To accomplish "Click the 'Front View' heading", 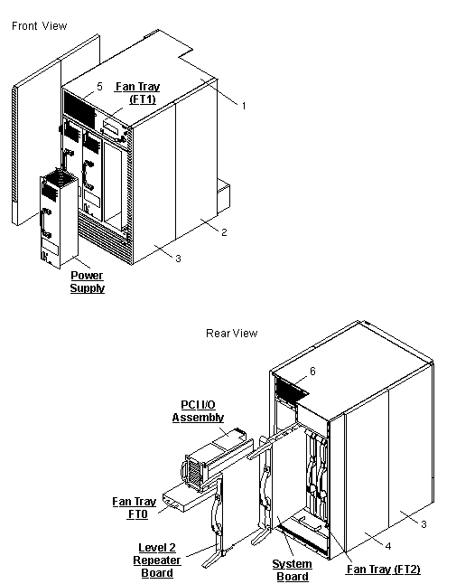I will point(39,26).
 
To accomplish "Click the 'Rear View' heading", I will point(231,334).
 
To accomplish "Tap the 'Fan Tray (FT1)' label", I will point(137,94).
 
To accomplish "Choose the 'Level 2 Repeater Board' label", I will point(160,560).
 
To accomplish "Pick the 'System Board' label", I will point(292,570).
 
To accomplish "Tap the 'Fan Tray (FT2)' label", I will point(384,570).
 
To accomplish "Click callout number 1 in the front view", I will point(243,106).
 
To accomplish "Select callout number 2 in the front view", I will point(223,232).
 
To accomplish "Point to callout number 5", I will point(100,87).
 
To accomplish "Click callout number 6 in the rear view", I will point(312,371).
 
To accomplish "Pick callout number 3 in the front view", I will point(178,259).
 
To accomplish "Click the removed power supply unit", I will point(55,217).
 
